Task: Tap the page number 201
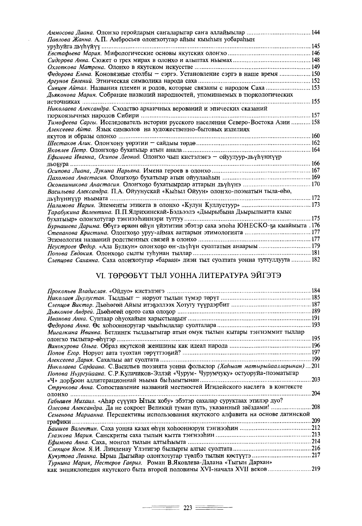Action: [315, 367]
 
